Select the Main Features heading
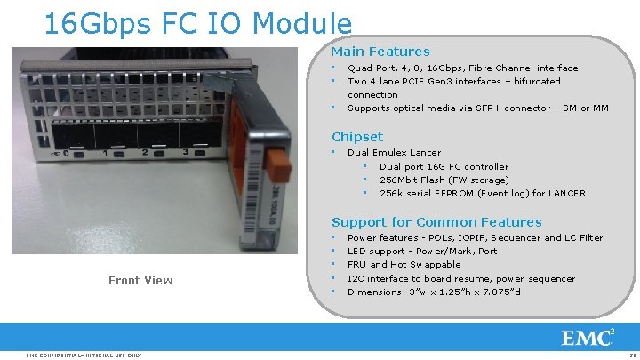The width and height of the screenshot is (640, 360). coord(380,52)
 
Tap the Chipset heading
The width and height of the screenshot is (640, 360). coord(357,137)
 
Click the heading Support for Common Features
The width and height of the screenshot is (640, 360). coord(436,222)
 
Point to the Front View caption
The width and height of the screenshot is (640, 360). coord(140,281)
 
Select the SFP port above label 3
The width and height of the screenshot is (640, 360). coord(200,133)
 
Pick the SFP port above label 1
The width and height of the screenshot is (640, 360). coord(116,135)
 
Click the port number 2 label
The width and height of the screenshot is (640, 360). coord(145,153)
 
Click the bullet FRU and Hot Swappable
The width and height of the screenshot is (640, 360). coord(404,265)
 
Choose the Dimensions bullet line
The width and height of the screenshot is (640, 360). coord(434,292)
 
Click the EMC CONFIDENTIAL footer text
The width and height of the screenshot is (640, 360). coord(84,355)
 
